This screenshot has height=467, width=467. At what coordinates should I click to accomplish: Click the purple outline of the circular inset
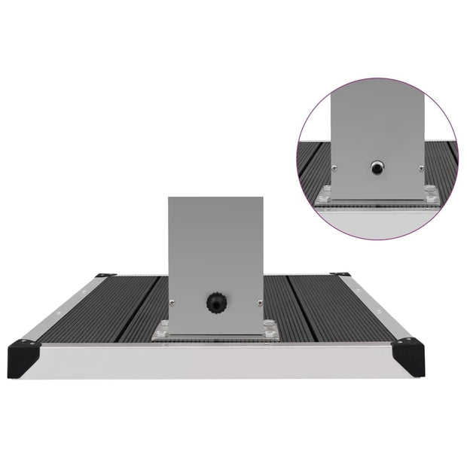click(x=301, y=128)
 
